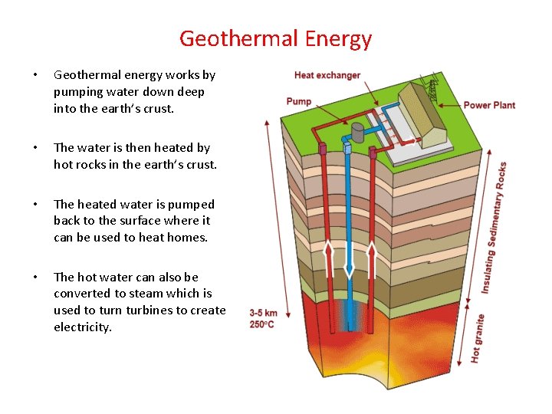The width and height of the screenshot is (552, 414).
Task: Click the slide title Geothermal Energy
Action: pyautogui.click(x=275, y=38)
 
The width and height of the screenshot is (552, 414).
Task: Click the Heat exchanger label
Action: pyautogui.click(x=327, y=75)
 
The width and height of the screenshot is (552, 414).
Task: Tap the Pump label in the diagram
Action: pyautogui.click(x=298, y=101)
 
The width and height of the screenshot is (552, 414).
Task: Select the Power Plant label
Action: pyautogui.click(x=489, y=105)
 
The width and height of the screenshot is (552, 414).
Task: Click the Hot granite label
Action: pyautogui.click(x=477, y=337)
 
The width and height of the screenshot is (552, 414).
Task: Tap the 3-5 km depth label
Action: pyautogui.click(x=261, y=313)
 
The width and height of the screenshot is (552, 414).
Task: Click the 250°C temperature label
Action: pyautogui.click(x=261, y=324)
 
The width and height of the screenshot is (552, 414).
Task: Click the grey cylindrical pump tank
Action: pyautogui.click(x=357, y=133)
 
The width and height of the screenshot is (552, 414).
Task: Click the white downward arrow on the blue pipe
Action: pyautogui.click(x=348, y=261)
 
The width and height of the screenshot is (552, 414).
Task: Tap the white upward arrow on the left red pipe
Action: pyautogui.click(x=327, y=258)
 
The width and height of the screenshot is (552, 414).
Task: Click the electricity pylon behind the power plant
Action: pyautogui.click(x=434, y=88)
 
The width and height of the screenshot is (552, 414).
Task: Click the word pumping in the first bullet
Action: pyautogui.click(x=78, y=92)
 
